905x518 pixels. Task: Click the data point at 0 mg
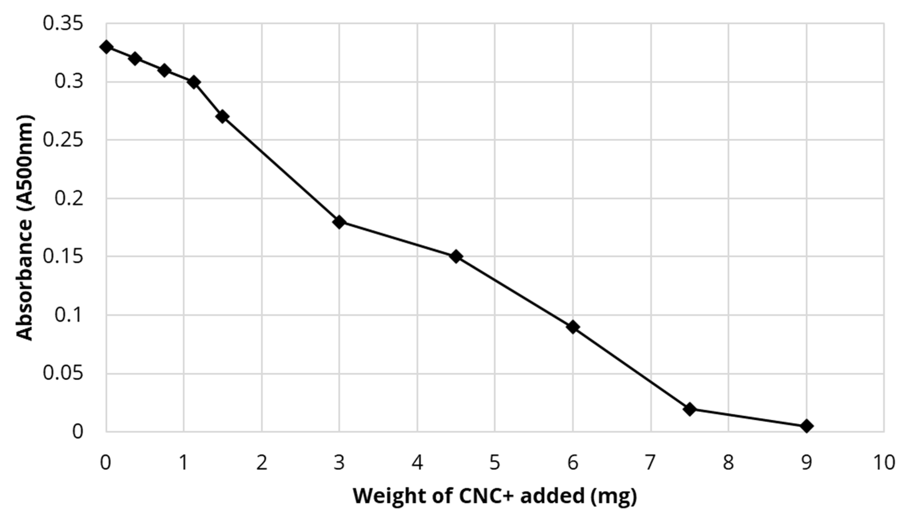(x=106, y=47)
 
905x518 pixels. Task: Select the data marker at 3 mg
(x=339, y=222)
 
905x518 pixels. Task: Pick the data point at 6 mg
(x=573, y=327)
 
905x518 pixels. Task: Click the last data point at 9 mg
(x=806, y=426)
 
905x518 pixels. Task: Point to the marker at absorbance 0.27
(x=222, y=117)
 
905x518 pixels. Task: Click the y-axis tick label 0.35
(x=63, y=23)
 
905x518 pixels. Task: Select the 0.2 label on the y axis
(x=68, y=198)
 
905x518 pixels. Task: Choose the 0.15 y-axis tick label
(x=63, y=257)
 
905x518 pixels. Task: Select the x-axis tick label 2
(x=262, y=463)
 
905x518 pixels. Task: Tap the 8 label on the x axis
(x=728, y=463)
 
